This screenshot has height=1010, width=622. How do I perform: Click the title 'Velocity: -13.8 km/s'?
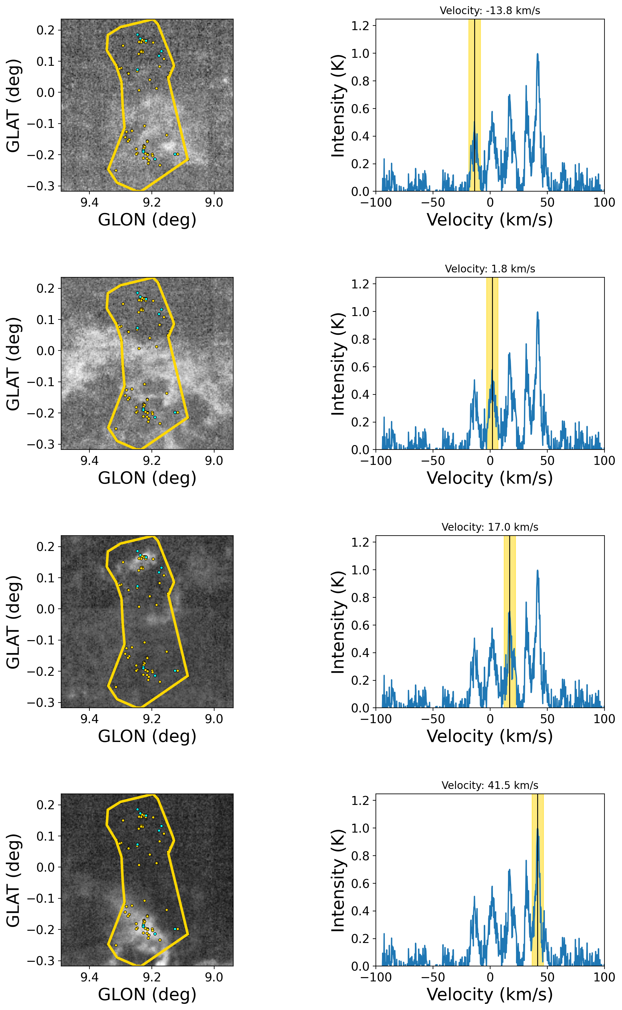coord(490,11)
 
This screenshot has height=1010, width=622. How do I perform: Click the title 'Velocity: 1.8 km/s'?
coord(490,269)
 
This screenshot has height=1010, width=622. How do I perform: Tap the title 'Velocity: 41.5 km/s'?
coord(490,785)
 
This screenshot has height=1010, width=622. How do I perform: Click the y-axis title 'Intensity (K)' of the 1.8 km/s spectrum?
coord(338,364)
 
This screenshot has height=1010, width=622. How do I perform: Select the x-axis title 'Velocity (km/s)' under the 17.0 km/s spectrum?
coord(490,736)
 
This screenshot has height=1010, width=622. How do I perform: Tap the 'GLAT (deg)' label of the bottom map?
coord(13,880)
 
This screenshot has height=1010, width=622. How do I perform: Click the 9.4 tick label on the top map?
coord(89,203)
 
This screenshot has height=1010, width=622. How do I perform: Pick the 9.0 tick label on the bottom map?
coord(214,977)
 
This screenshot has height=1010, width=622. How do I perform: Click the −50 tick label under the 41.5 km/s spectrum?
coord(433,977)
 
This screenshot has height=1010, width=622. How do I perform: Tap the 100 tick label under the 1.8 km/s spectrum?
coord(604,461)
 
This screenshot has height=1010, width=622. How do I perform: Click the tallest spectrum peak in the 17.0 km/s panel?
coord(537,571)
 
